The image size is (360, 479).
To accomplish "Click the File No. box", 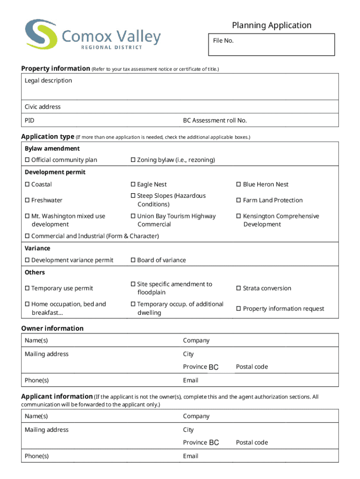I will point(272,45).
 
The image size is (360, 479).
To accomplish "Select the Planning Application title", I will point(272,25).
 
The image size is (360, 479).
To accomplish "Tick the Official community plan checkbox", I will point(27,160).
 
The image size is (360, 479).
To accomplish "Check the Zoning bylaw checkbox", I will point(133,160).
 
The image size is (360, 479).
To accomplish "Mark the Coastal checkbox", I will point(27,185).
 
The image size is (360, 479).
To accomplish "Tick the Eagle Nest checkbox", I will point(133,185).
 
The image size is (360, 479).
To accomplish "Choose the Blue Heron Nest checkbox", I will point(239,185).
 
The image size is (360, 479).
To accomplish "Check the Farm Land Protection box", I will point(239,200).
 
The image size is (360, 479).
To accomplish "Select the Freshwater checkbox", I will point(27,200).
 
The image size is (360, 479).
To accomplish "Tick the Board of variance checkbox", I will point(133,260).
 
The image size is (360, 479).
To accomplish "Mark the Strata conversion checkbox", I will point(239,288).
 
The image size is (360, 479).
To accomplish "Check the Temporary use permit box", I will point(27,288).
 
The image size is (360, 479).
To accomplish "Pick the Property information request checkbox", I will point(239,309).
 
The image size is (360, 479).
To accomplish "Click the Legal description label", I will point(48,80).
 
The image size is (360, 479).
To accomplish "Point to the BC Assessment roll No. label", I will point(215,120).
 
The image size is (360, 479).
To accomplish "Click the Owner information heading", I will point(52,328).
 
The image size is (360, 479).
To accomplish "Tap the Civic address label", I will point(43,107).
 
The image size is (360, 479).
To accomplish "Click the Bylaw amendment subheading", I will point(52,148).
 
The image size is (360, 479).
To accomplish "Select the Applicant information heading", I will point(57,396).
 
